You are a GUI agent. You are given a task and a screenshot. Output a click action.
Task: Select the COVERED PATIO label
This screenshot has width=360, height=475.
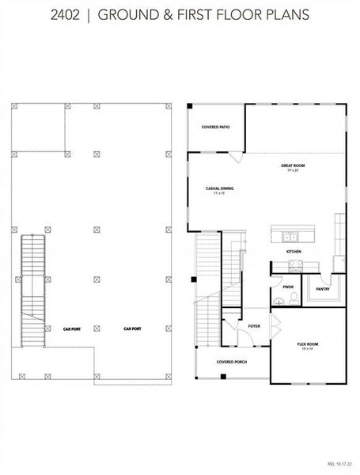[x=216, y=127]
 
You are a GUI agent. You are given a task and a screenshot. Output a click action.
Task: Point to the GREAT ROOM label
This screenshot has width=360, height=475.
[x=293, y=165]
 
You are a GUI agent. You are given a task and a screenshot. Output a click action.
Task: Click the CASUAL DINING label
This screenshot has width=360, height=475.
[x=219, y=188]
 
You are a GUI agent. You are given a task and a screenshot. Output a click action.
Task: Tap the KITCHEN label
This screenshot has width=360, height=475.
[x=294, y=252]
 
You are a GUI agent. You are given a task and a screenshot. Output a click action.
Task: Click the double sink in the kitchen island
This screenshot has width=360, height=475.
[x=290, y=235]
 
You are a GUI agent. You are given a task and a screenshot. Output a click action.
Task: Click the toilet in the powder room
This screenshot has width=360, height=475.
[x=293, y=298]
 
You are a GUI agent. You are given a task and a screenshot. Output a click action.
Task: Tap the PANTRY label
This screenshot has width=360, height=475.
[x=322, y=289]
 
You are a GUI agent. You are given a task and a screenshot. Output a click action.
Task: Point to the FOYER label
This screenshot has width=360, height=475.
[x=254, y=325]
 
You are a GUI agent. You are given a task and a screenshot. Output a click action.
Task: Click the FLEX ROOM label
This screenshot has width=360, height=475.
[x=308, y=344]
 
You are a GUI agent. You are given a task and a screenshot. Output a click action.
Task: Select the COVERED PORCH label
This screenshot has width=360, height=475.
[x=232, y=362]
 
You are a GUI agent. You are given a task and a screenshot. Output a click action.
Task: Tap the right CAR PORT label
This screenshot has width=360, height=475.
[x=132, y=328]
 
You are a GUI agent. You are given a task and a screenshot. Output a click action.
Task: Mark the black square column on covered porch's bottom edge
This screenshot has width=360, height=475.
[x=223, y=375]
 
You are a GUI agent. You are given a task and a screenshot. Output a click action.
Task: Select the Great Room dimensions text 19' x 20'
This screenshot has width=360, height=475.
[x=293, y=170]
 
